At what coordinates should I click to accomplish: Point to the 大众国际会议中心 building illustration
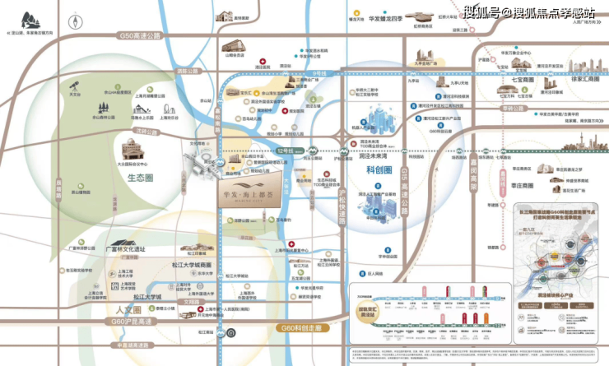click(x=132, y=151)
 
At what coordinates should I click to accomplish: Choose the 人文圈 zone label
click(x=123, y=311)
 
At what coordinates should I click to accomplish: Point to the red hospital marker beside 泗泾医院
click(x=261, y=63)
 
